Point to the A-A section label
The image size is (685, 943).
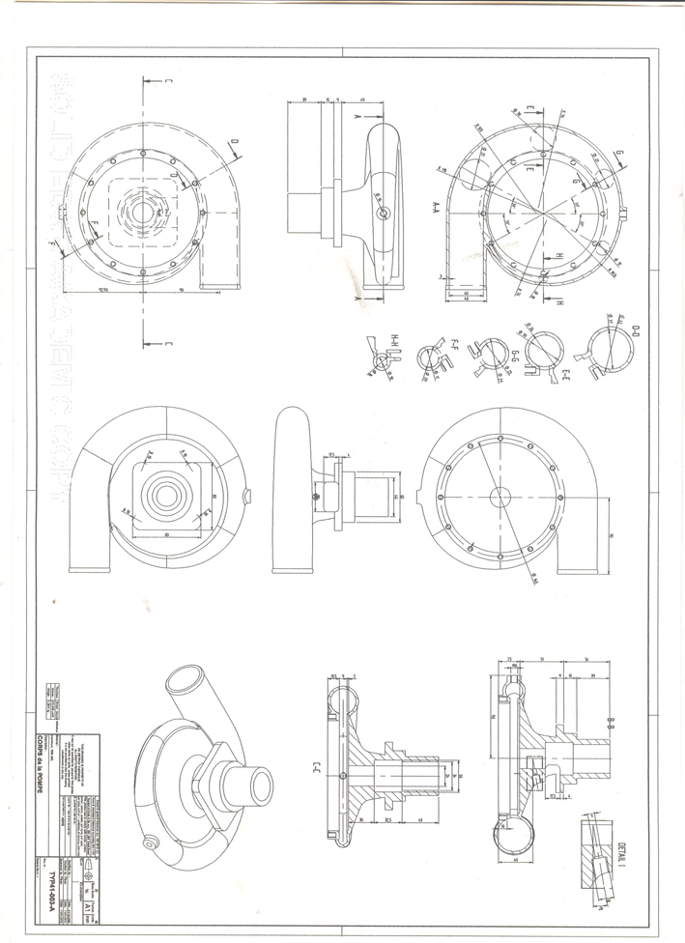[437, 207]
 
